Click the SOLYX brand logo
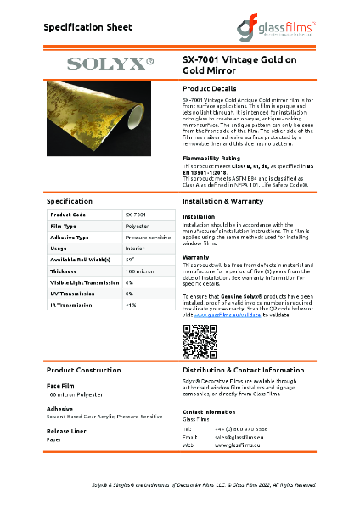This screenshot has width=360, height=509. tap(110, 63)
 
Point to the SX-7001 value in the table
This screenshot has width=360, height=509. tap(135, 215)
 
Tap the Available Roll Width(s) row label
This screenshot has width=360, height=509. tap(76, 259)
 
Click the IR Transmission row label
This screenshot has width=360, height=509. tap(67, 303)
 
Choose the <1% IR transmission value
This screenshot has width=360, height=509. tap(131, 303)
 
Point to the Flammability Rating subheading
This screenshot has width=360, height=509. tap(211, 158)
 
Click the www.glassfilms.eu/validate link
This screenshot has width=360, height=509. tap(228, 316)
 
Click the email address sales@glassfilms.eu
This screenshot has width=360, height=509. tap(238, 437)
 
